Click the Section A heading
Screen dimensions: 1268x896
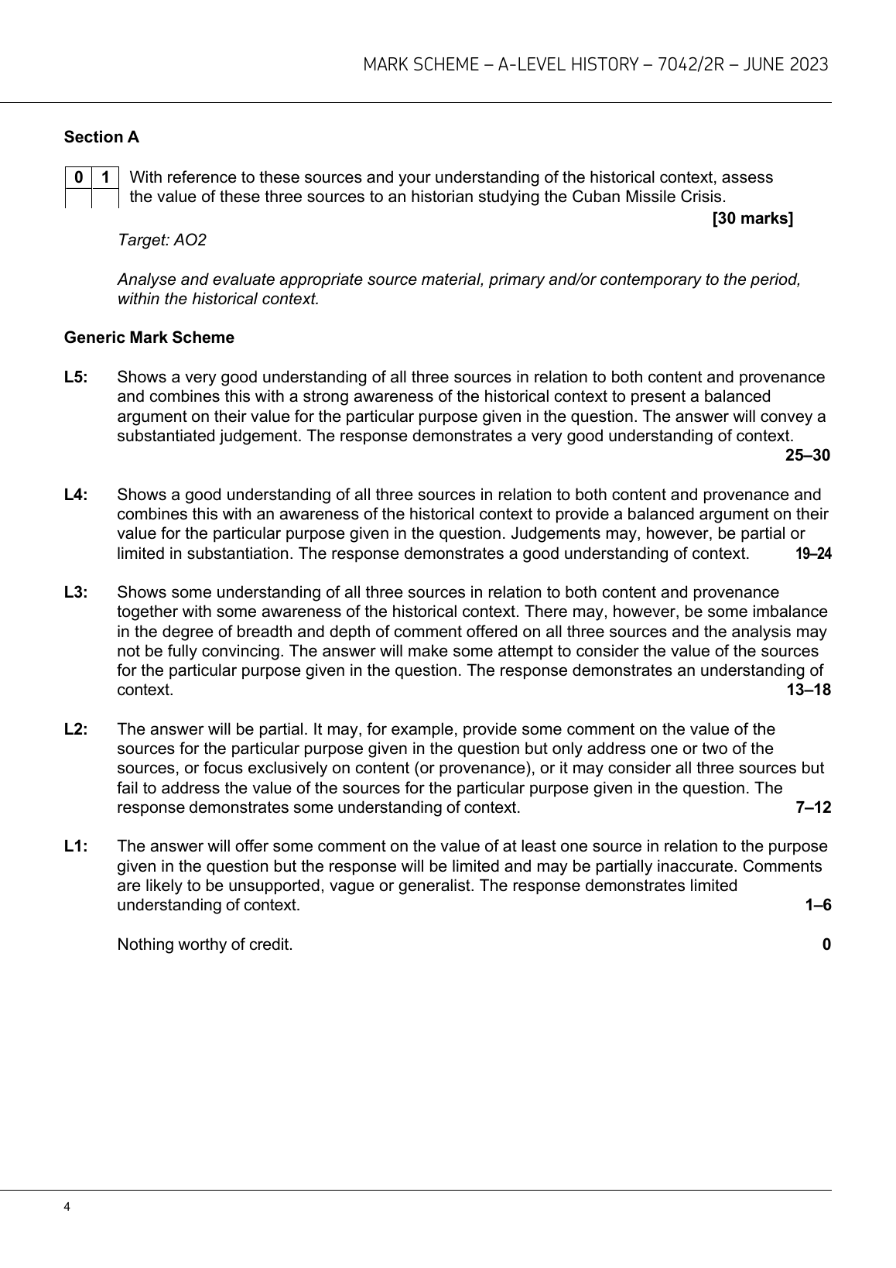[101, 137]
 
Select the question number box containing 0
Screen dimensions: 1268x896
[78, 177]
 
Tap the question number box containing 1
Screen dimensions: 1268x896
[105, 177]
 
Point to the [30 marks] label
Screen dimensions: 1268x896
[752, 218]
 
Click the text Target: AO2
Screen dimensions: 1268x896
[162, 240]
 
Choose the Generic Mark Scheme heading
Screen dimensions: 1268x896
[149, 338]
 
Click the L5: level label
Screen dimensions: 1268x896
[76, 377]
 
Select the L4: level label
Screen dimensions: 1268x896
[76, 495]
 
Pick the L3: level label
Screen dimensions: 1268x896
[76, 592]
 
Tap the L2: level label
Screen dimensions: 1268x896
[76, 729]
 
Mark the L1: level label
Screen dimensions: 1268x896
[76, 846]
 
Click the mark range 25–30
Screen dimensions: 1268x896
[808, 455]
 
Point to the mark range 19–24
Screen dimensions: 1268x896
[813, 553]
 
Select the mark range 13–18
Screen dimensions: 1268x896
[809, 690]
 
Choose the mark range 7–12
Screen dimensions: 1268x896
[813, 807]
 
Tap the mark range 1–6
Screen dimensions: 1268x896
[818, 905]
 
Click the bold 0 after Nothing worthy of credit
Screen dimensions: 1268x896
[826, 944]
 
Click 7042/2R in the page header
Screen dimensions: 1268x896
[689, 64]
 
